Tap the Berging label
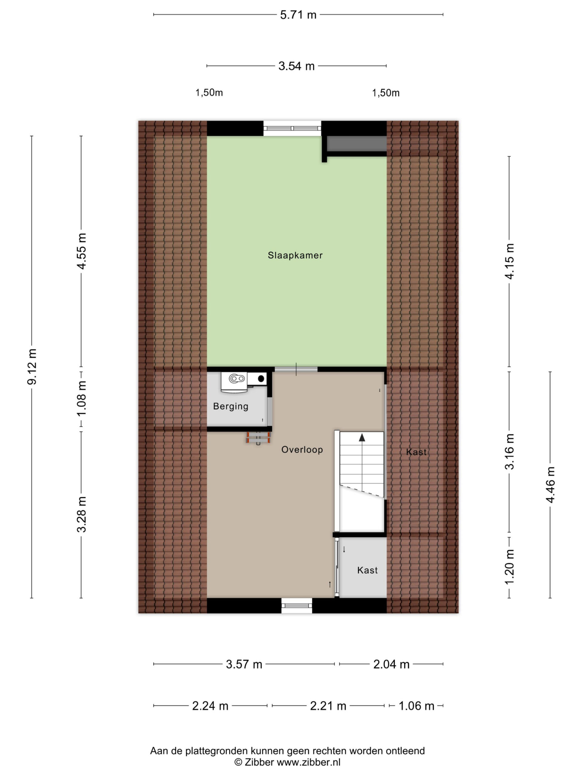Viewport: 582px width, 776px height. tap(230, 406)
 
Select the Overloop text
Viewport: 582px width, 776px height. tap(302, 450)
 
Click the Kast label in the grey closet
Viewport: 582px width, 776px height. tap(367, 570)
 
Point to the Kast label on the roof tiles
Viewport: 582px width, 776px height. tap(416, 452)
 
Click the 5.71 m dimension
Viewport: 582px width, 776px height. tap(298, 15)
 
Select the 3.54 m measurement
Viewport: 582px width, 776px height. tap(296, 66)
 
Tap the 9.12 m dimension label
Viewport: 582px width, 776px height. tap(32, 366)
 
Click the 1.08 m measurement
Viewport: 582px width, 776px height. tap(81, 399)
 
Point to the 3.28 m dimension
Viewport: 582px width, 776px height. tap(81, 515)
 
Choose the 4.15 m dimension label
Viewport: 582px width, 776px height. tap(509, 261)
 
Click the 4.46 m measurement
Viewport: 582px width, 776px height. tap(550, 485)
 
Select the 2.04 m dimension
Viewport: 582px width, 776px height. tap(391, 664)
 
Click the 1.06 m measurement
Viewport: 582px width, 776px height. tap(416, 705)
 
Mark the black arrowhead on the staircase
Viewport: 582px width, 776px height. tap(362, 437)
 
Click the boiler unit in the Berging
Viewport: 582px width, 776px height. tap(234, 382)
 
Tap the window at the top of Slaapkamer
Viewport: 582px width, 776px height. tap(292, 129)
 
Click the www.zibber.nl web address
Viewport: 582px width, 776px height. tap(309, 762)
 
